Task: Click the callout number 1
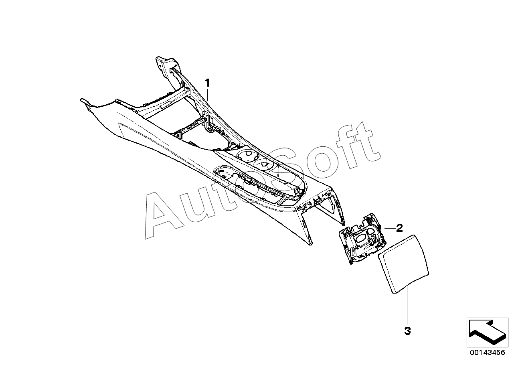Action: tap(207, 83)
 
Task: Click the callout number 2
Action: tap(399, 228)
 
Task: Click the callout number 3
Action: tap(407, 331)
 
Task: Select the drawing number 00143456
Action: tap(488, 353)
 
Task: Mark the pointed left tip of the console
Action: tap(82, 100)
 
